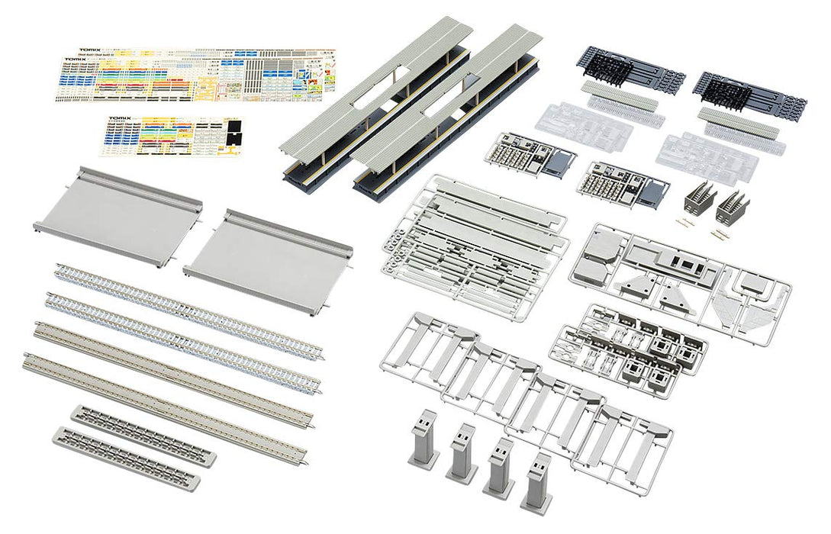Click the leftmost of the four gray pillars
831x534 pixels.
[424, 437]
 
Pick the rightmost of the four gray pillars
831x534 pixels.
[536, 482]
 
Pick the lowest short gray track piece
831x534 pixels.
[125, 459]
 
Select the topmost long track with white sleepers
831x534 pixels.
[188, 310]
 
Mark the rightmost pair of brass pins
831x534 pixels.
[717, 234]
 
